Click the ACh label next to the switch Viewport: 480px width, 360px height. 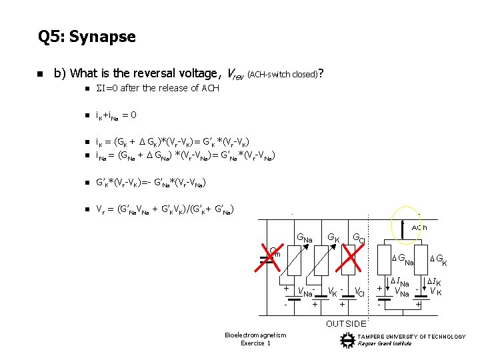tap(420, 227)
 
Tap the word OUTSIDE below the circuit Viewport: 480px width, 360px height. tap(346, 324)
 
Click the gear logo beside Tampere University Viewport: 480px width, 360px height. tap(347, 340)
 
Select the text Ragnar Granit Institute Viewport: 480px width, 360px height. tap(385, 344)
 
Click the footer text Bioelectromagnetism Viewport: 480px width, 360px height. tap(255, 335)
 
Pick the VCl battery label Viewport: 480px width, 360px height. tap(359, 291)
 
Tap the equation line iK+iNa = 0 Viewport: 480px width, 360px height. tap(111, 115)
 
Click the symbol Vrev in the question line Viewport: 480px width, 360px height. tap(235, 73)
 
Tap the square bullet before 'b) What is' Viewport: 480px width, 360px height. tap(40, 73)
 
